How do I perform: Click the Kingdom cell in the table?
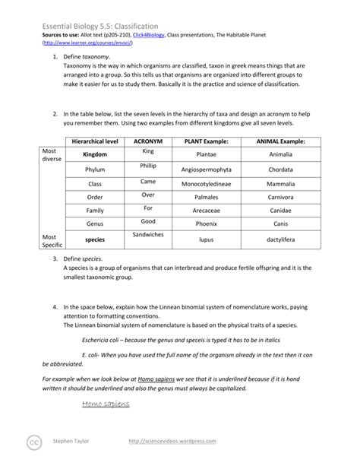tap(95, 154)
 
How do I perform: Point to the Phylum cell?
tap(95, 170)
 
